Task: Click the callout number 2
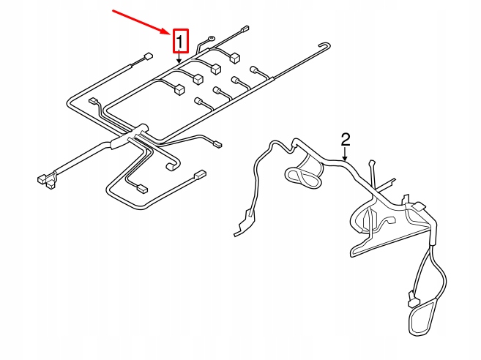346,138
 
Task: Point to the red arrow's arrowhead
169,32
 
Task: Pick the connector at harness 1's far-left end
42,177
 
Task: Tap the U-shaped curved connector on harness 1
171,166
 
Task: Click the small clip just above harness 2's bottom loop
411,300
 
